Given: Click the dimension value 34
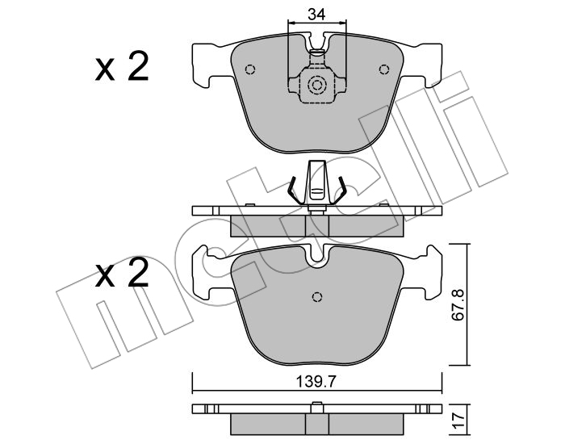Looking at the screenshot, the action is (x=316, y=15).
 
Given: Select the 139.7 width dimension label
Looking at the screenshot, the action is (x=316, y=382).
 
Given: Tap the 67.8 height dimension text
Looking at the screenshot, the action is (x=458, y=305).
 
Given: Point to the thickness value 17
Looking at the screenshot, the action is (x=458, y=420).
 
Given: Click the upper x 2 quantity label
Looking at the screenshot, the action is (x=122, y=66).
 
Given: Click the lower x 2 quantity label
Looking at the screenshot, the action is (x=122, y=272).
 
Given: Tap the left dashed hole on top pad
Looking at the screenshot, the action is (x=249, y=69).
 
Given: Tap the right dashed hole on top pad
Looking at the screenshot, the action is (x=384, y=69).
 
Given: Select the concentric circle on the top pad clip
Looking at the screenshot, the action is (x=317, y=85).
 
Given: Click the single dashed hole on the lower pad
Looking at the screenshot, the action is (x=317, y=296).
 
